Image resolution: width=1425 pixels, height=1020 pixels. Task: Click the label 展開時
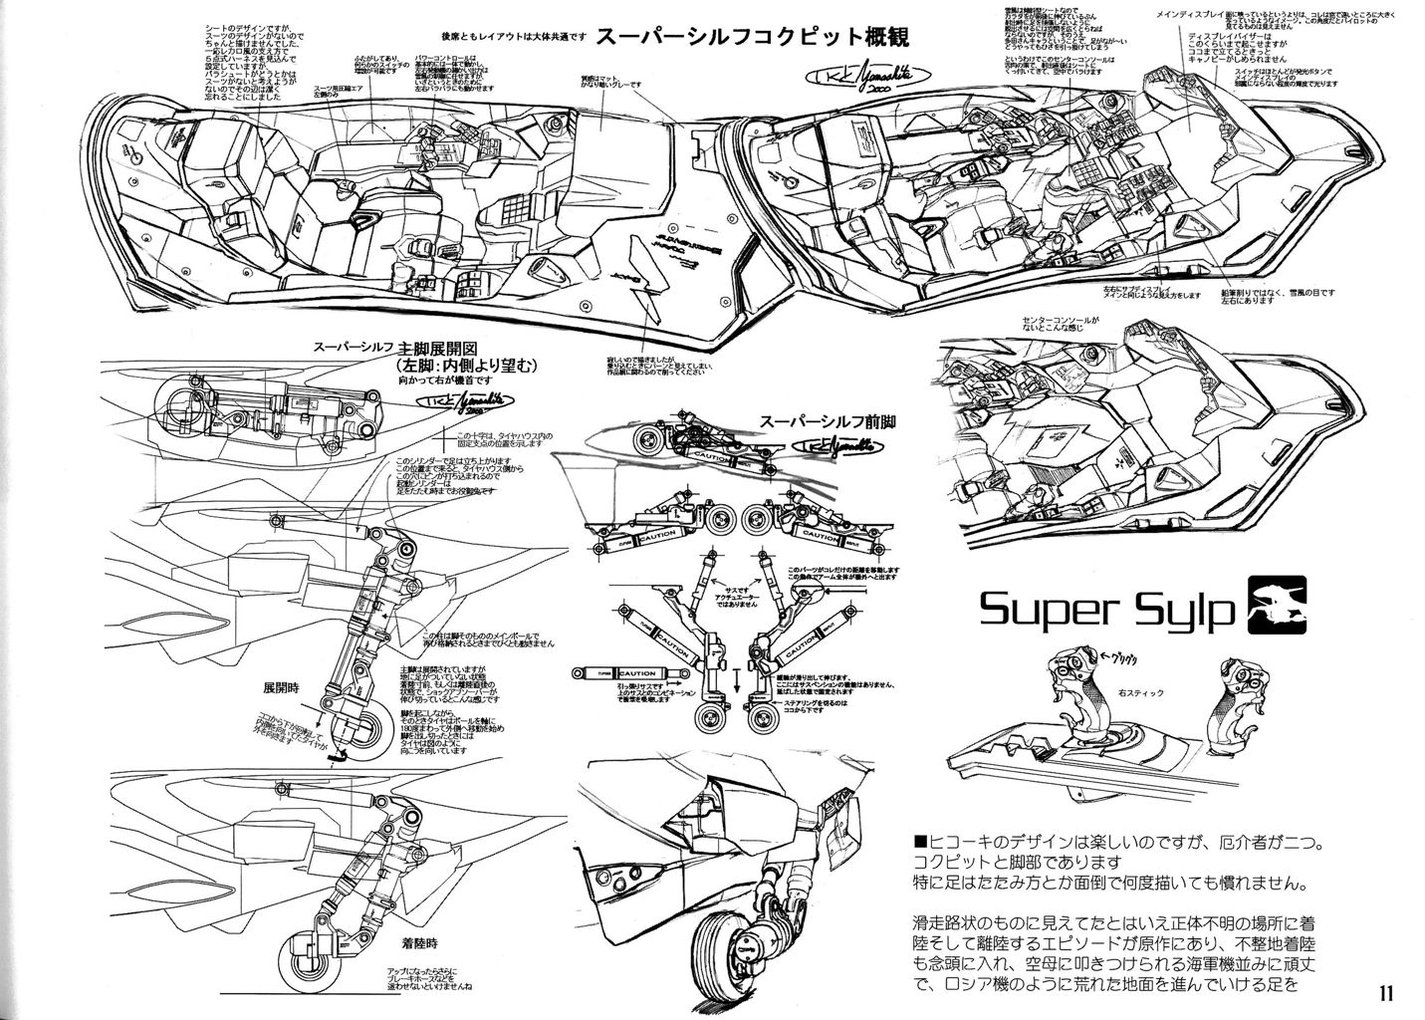pos(280,687)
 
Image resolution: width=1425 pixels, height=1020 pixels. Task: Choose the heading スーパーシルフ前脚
pos(826,421)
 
